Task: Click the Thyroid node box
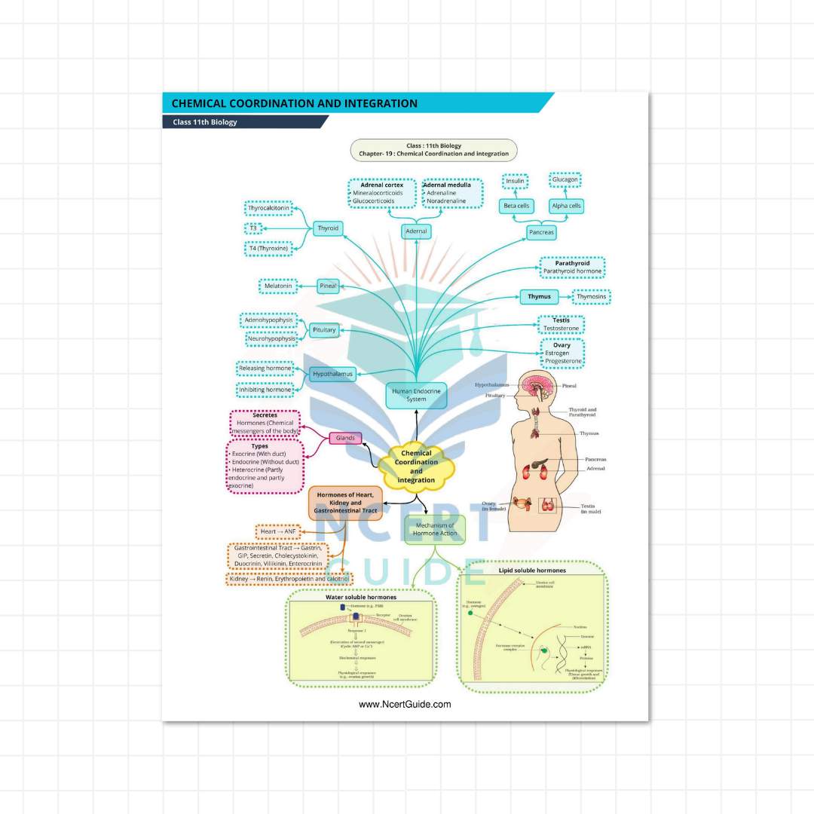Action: coord(328,228)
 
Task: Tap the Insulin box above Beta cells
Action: coord(516,182)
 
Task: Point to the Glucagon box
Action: coord(565,180)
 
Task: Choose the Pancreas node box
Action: coord(541,233)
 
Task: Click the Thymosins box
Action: coord(592,297)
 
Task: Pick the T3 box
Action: coord(254,228)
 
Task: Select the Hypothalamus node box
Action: coord(332,374)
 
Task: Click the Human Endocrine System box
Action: coord(416,394)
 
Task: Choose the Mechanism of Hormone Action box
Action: coord(435,529)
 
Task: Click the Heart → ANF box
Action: coord(278,532)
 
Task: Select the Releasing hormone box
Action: coord(265,368)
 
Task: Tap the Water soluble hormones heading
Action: coord(361,597)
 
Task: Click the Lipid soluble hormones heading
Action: coord(532,571)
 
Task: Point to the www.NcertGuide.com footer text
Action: coord(405,705)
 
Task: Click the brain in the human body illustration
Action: coord(537,387)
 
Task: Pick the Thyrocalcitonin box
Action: coord(269,208)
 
